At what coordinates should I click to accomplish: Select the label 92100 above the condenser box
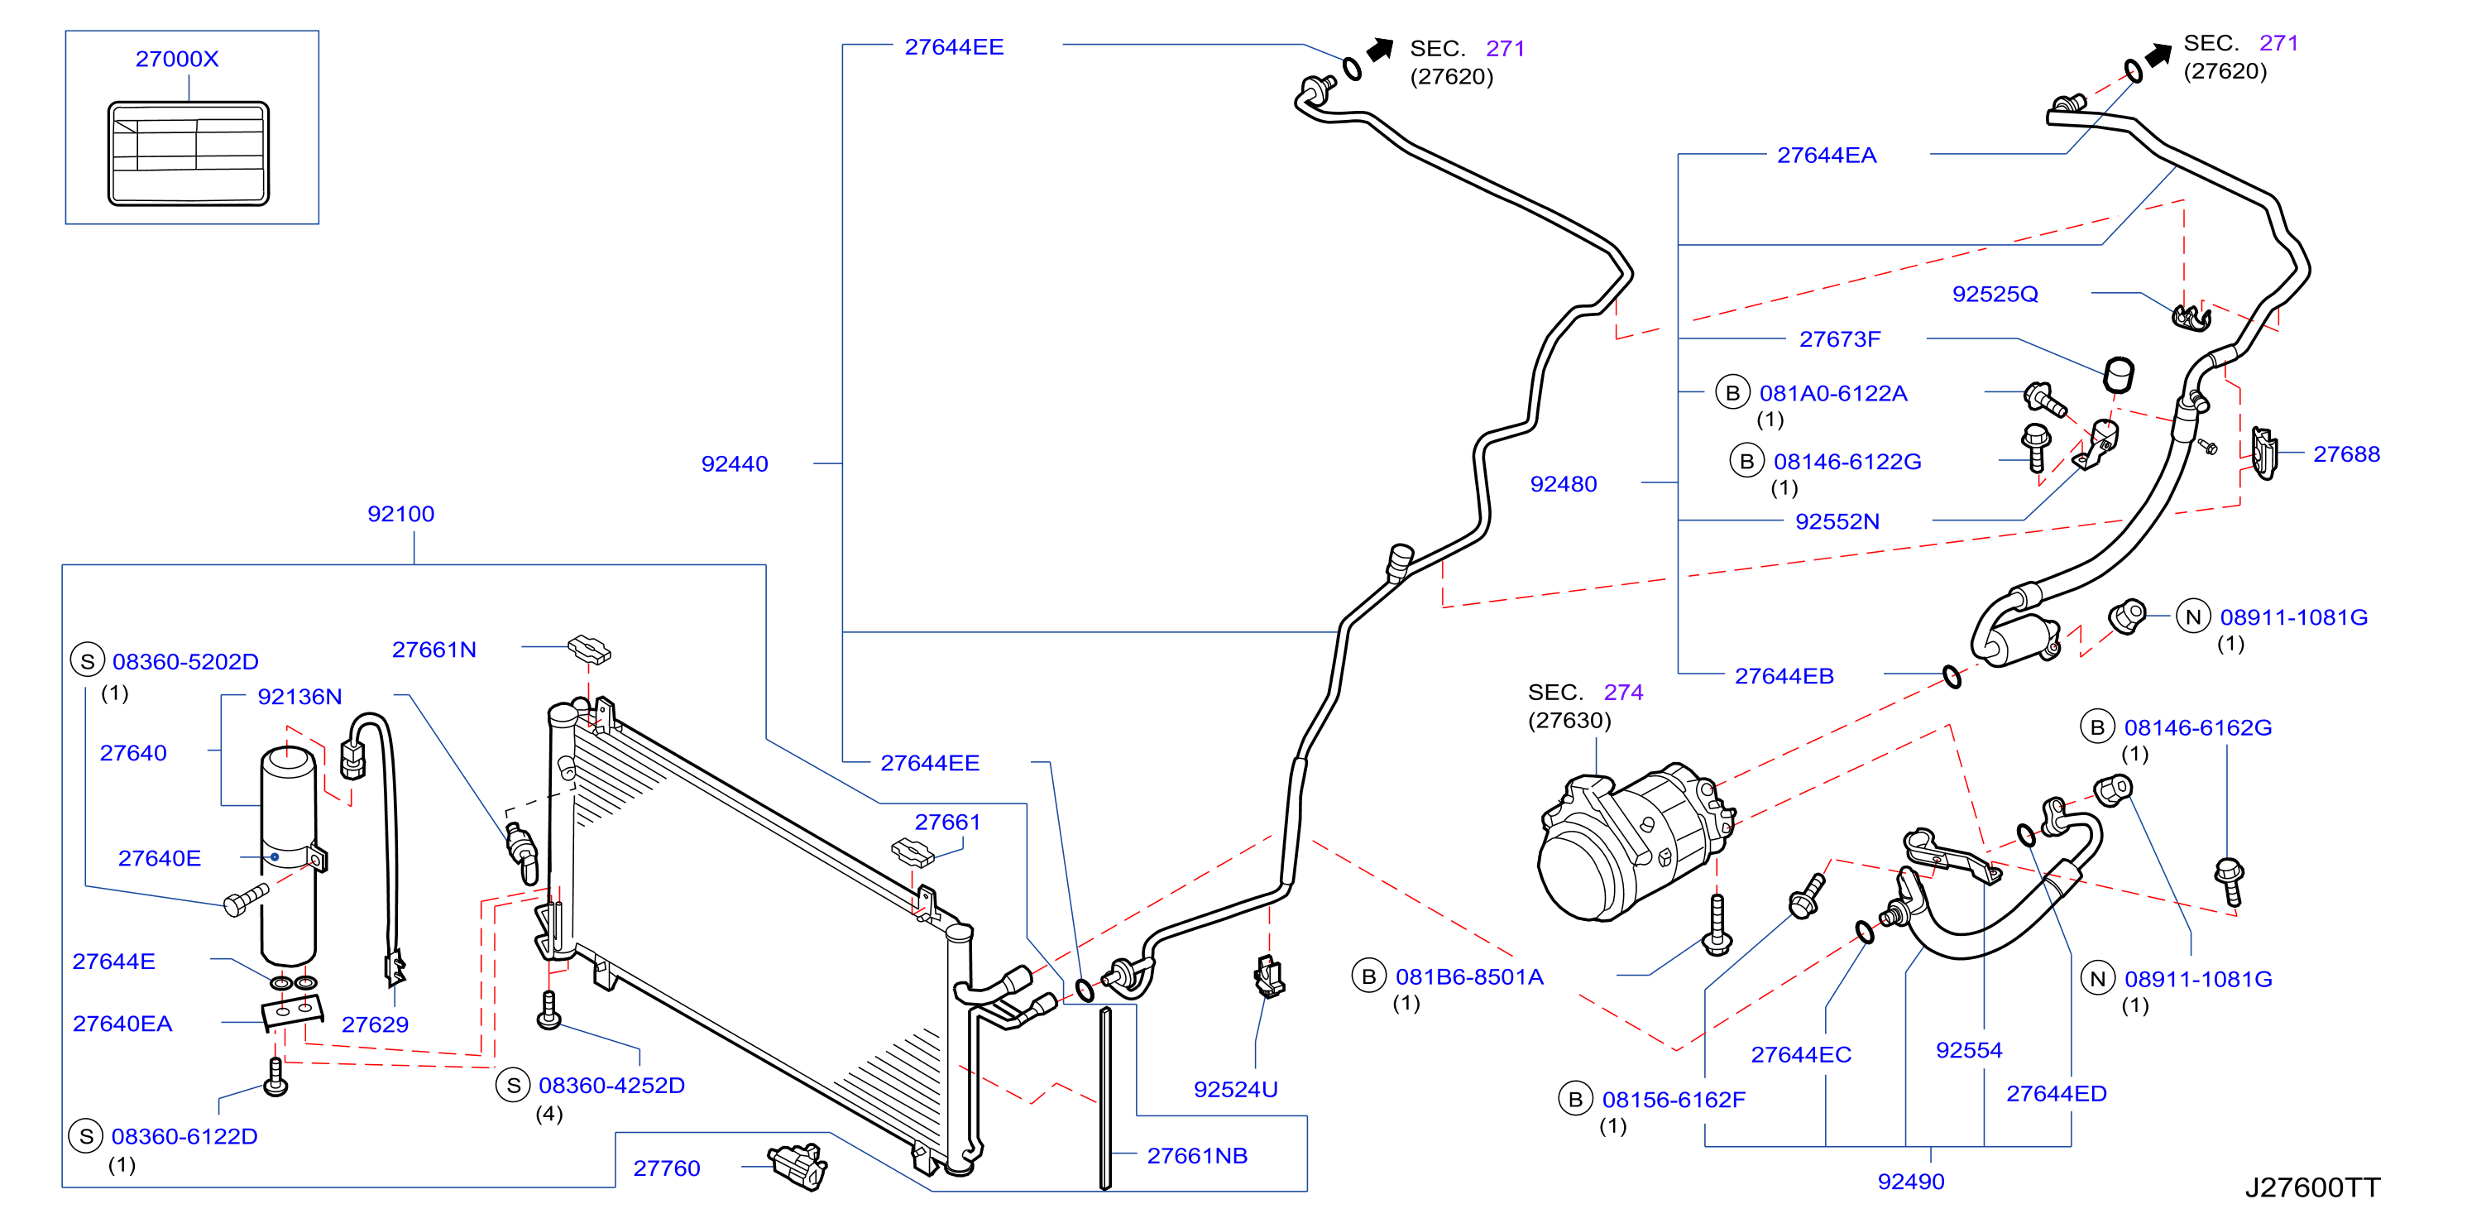(400, 514)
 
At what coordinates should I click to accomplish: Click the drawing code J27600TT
(2312, 1187)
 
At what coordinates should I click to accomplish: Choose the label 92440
(735, 463)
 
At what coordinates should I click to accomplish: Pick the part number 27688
(2346, 453)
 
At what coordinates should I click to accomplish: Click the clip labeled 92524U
(1270, 976)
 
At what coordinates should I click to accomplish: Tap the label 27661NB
(1197, 1155)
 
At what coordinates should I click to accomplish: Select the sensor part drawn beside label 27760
(798, 1166)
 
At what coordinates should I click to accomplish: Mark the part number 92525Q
(1995, 294)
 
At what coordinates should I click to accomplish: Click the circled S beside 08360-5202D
(88, 661)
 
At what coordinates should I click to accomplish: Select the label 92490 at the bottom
(1911, 1181)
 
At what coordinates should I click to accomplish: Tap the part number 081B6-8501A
(1468, 977)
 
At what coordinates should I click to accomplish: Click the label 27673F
(1839, 339)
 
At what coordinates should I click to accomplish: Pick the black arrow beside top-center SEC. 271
(1380, 48)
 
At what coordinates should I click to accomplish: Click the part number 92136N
(299, 696)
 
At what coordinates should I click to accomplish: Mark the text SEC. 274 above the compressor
(1584, 692)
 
